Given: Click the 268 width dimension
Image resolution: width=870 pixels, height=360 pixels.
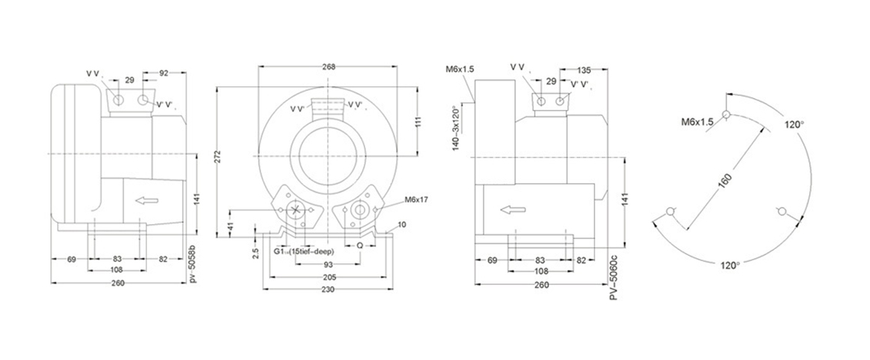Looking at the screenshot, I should [x=327, y=67].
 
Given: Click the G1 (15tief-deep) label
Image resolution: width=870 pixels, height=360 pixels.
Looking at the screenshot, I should [x=303, y=251].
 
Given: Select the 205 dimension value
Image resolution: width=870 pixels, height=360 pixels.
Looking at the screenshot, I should [x=327, y=277].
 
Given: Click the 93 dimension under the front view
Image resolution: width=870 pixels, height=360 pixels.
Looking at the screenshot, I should [x=327, y=265].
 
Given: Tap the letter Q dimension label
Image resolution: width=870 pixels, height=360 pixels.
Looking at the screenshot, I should [x=360, y=244].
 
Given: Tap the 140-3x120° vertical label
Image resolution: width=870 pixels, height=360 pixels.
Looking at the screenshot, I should [x=456, y=128].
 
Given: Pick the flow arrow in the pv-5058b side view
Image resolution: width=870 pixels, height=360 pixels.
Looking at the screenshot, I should [x=148, y=200].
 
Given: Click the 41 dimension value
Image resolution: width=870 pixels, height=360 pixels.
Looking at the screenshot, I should [x=230, y=225].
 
